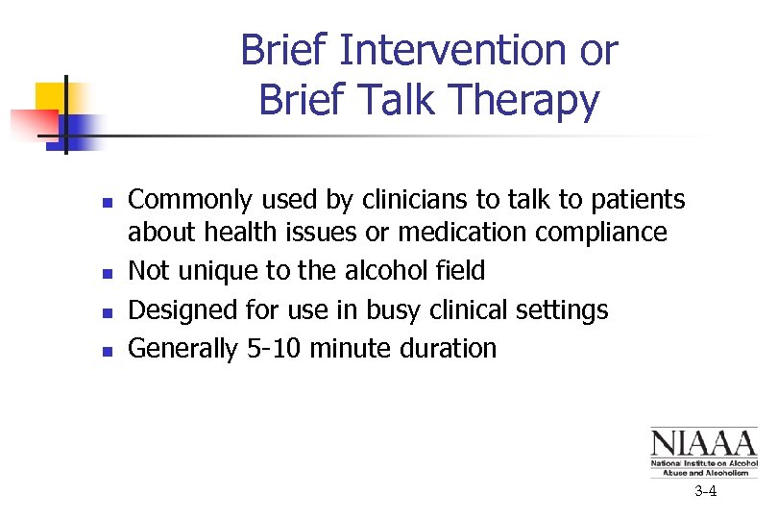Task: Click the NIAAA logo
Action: pos(703,452)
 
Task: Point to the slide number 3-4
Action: pos(706,492)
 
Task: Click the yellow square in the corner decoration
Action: pos(49,97)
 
